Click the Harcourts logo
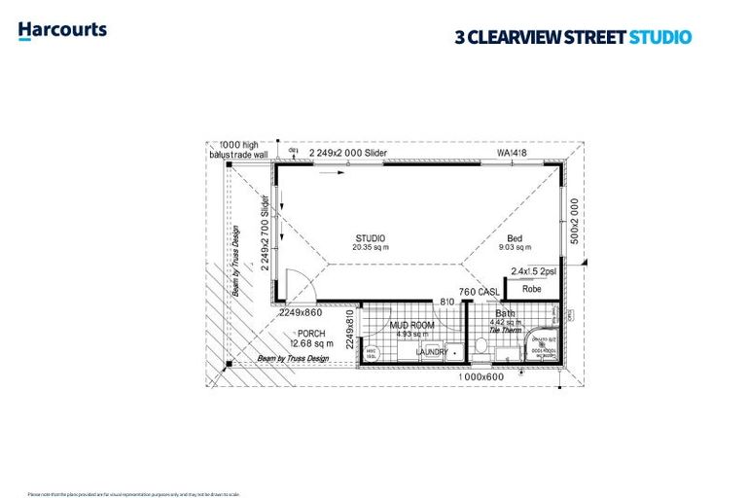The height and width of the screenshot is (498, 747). [62, 31]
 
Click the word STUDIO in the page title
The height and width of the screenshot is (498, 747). [660, 38]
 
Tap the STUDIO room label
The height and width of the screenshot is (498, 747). [370, 238]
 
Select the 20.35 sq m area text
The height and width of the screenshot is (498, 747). [371, 248]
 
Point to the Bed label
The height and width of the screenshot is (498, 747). [515, 238]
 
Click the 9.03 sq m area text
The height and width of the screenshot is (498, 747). [515, 248]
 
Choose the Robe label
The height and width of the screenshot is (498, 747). [531, 289]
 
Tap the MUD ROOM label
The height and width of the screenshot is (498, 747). [411, 325]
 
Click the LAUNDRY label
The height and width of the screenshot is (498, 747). [432, 352]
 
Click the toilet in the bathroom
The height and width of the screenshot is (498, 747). [480, 345]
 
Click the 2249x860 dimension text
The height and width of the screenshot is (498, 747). [301, 313]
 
